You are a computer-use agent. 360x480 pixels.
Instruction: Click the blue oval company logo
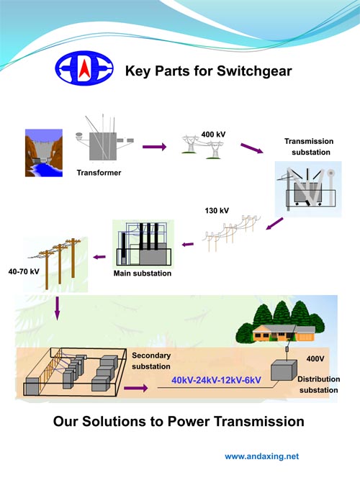84,68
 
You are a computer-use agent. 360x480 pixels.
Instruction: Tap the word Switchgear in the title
254,71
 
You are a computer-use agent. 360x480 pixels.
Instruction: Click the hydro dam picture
44,153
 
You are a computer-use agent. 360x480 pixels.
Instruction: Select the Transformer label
99,173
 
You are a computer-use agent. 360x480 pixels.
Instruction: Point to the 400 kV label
214,134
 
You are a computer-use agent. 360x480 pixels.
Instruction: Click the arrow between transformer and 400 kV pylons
154,147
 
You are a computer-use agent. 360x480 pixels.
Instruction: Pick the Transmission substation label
309,147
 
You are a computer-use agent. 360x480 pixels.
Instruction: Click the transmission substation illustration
308,189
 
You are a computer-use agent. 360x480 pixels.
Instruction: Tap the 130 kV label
217,211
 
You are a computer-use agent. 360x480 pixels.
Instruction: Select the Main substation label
143,273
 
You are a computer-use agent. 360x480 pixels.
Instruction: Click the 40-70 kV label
24,271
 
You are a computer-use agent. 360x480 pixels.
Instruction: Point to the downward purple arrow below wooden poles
57,308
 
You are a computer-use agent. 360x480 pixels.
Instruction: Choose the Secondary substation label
151,361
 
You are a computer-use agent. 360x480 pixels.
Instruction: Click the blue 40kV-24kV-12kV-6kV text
216,380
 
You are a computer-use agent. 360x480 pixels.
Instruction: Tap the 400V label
315,359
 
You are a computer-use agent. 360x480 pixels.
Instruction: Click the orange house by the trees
284,333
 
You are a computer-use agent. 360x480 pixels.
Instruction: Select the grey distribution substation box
284,371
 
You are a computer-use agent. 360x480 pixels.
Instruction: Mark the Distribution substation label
319,384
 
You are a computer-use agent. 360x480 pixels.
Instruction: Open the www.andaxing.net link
262,456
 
